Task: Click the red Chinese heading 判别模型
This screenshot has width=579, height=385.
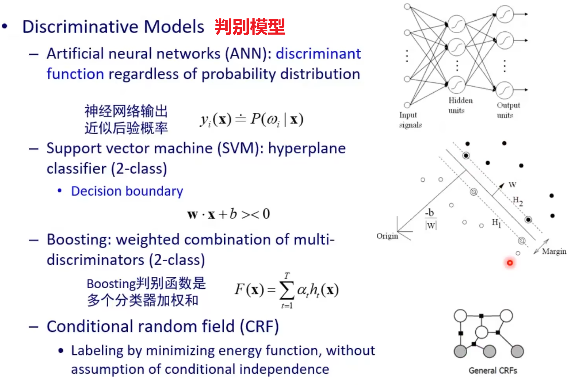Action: [250, 27]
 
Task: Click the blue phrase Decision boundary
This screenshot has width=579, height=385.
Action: [127, 191]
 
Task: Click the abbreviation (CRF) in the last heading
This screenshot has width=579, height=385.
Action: [259, 327]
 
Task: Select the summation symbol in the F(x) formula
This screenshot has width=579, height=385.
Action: [286, 290]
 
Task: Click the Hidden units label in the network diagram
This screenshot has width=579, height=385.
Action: [460, 105]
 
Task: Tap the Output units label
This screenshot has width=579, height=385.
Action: [508, 110]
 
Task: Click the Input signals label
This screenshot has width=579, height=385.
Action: [410, 120]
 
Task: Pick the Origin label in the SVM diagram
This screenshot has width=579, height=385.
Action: [387, 236]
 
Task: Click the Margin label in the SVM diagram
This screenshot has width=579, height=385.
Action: [554, 251]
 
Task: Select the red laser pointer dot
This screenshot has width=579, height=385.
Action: [510, 263]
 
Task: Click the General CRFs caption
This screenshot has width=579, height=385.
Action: [493, 370]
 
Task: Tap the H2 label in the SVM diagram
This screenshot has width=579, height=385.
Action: [517, 200]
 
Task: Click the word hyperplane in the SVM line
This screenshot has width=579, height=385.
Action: [306, 148]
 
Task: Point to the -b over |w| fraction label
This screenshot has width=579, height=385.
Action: [431, 219]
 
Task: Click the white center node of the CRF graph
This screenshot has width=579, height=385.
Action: [481, 332]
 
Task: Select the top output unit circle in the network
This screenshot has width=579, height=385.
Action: [504, 14]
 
